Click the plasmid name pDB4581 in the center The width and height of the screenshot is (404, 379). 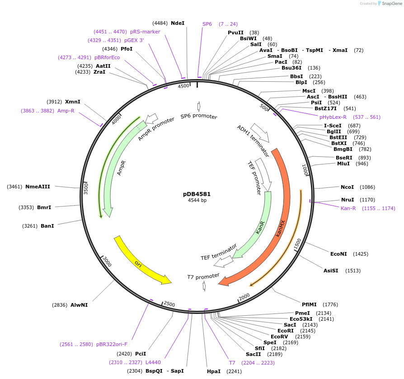pyautogui.click(x=197, y=194)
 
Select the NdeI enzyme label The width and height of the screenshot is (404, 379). pyautogui.click(x=178, y=23)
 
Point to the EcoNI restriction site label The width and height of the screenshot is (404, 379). pyautogui.click(x=338, y=254)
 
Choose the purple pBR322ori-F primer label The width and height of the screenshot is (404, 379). pyautogui.click(x=115, y=344)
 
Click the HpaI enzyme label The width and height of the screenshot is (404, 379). pyautogui.click(x=214, y=371)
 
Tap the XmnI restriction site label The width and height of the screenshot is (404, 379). pyautogui.click(x=73, y=102)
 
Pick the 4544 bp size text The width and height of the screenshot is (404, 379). pyautogui.click(x=197, y=200)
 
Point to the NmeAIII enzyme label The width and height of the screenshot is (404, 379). pyautogui.click(x=38, y=187)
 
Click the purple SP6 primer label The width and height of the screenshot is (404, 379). pyautogui.click(x=207, y=24)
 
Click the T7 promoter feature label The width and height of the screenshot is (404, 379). pyautogui.click(x=203, y=276)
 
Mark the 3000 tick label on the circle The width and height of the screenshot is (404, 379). pyautogui.click(x=107, y=261)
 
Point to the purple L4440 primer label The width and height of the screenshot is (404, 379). pyautogui.click(x=153, y=362)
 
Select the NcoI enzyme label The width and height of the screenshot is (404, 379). pyautogui.click(x=348, y=187)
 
